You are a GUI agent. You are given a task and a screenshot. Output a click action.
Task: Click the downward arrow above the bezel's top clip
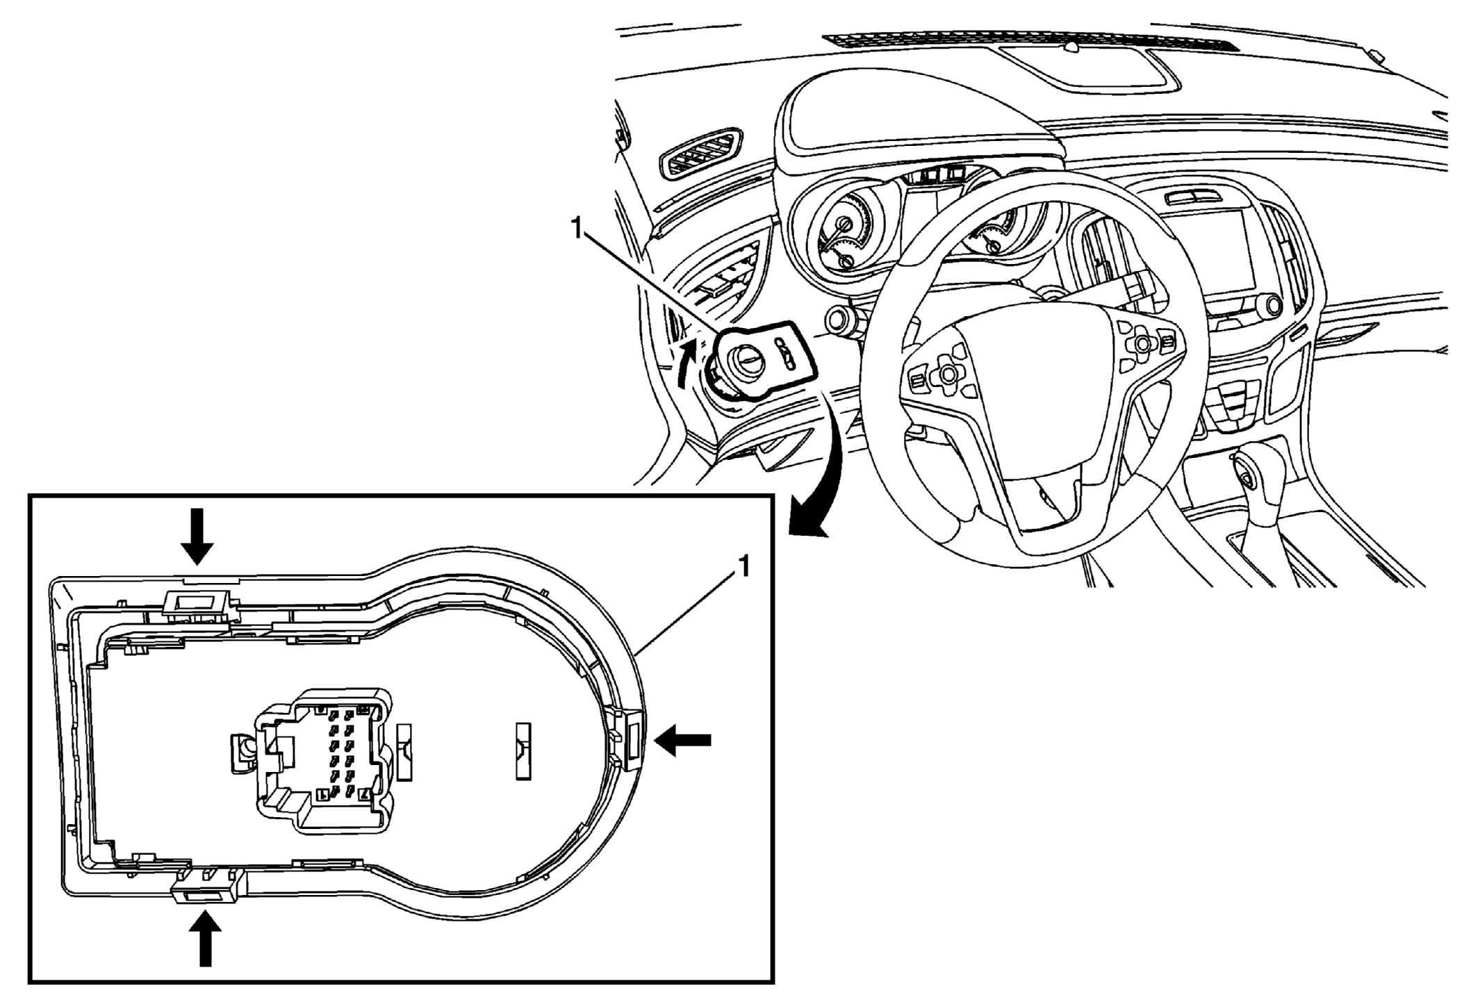pos(198,535)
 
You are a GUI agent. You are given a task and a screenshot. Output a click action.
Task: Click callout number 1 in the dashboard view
pos(576,228)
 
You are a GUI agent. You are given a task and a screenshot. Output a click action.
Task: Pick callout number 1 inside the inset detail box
pos(744,567)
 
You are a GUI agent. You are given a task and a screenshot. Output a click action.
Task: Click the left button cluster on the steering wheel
pos(938,375)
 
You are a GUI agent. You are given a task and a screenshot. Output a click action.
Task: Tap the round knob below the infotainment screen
pos(1273,304)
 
